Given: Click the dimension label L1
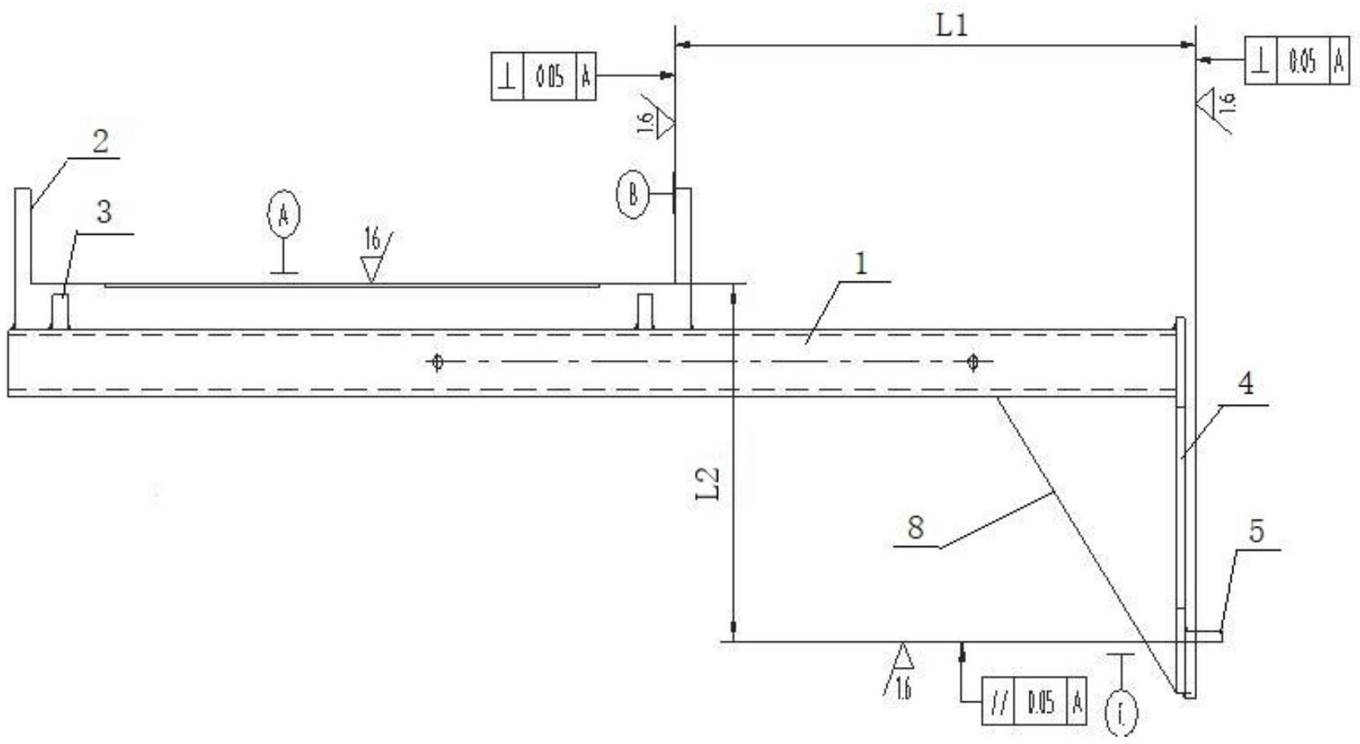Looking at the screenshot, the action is coord(952,27).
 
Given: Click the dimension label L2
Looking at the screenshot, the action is coord(708,485).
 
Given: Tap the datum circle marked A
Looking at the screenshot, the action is coord(283,216).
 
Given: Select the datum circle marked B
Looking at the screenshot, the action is coord(633,194).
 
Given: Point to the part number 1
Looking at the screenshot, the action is coord(862,265).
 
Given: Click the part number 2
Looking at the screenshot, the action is coord(101,143).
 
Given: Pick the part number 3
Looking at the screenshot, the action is coord(104,213).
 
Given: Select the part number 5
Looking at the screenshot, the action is coord(1256,532).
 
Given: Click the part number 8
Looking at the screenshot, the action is coord(915,528).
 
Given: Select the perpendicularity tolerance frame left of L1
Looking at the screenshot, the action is coord(543,77).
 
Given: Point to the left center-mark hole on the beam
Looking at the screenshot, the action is coord(437,362).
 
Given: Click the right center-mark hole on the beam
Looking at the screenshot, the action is coord(972,362).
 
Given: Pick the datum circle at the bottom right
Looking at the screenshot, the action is coord(1121,712).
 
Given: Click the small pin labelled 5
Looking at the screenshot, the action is coord(1204,635).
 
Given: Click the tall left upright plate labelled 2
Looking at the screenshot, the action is coord(22,257).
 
